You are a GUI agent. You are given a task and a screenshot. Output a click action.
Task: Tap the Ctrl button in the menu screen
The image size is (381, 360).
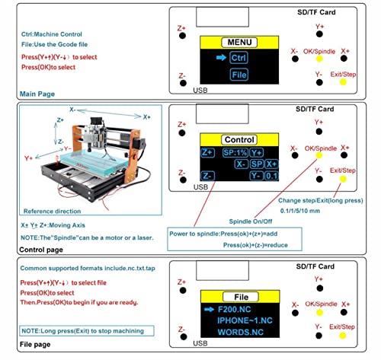pyautogui.click(x=238, y=57)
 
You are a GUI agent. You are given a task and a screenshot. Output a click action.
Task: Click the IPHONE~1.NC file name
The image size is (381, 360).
pyautogui.click(x=242, y=323)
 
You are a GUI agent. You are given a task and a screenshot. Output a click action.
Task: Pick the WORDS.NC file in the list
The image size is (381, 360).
pyautogui.click(x=239, y=335)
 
